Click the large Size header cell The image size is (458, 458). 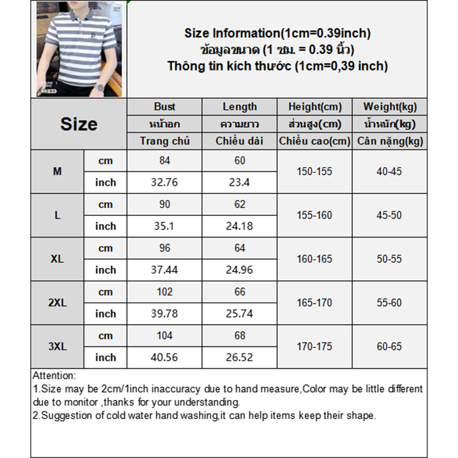(x=79, y=124)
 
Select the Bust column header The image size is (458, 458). (x=164, y=106)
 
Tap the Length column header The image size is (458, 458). (x=239, y=106)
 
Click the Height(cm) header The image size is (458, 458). (x=314, y=106)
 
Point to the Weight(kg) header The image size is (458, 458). (x=390, y=106)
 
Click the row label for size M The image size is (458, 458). (x=57, y=171)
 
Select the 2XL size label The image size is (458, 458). (x=57, y=303)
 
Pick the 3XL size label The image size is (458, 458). (x=57, y=346)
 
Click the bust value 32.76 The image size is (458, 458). (x=164, y=183)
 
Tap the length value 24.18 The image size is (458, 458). (x=239, y=226)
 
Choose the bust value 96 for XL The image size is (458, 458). (x=164, y=248)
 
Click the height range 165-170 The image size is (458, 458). (x=314, y=303)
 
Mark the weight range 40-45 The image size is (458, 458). (x=390, y=171)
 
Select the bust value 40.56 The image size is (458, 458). (x=164, y=357)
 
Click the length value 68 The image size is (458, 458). (x=239, y=335)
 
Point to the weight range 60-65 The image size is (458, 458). (x=390, y=346)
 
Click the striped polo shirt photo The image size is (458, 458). (x=79, y=49)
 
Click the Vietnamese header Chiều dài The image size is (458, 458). (x=239, y=141)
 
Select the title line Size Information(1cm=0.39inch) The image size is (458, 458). (x=277, y=33)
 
